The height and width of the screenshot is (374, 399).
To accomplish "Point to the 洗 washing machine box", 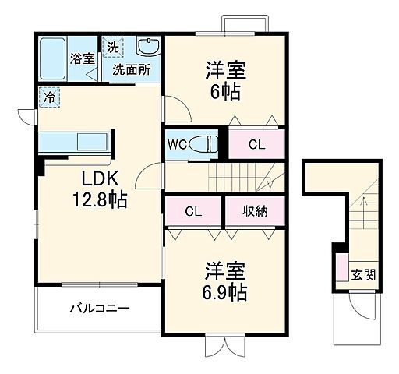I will tap(114, 46).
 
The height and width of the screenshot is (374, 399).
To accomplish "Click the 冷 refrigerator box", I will tap(48, 98).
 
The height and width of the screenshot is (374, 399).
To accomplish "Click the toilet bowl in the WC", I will tap(207, 144).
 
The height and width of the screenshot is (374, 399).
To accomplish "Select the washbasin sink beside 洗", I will tap(147, 46).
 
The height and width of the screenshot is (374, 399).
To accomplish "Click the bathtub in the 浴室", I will tap(53, 57).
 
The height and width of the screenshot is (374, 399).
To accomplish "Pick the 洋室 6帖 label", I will tap(225, 79).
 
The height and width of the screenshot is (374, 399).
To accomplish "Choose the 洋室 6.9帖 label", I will tap(225, 282).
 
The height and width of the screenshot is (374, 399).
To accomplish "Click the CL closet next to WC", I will tap(256, 144).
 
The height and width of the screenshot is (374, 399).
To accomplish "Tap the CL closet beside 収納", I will tap(193, 211).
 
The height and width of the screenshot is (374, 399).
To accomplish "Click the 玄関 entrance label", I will tap(363, 274).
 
